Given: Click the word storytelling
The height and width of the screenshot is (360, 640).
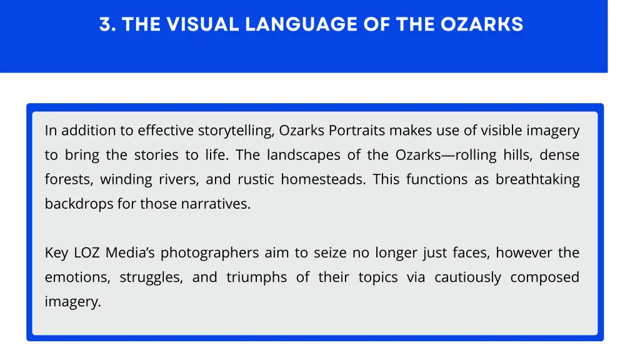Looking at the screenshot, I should pos(236,131).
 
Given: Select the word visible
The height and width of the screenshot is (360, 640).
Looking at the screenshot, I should pos(501,131).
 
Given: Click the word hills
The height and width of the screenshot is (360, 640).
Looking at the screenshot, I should pos(516,155).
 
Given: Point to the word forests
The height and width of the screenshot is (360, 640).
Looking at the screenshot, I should pos(67,179).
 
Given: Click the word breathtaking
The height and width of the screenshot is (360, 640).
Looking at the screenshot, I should pos(537,179).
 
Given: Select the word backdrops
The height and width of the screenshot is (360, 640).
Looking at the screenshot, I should pos(78,204).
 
